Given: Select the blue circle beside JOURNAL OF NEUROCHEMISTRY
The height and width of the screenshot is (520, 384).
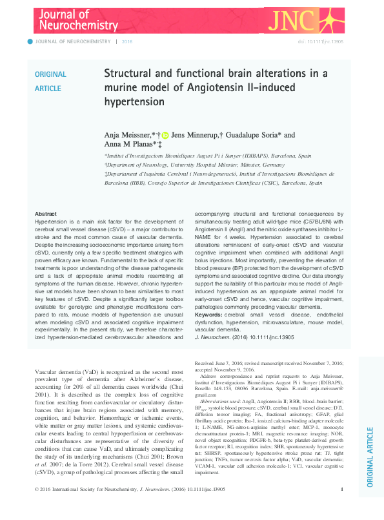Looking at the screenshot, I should [29, 41].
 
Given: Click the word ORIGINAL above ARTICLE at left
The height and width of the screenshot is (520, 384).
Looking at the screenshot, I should [50, 74].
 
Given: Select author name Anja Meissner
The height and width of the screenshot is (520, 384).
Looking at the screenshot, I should [126, 134].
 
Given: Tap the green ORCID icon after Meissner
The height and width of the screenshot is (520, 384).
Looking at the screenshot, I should [165, 135].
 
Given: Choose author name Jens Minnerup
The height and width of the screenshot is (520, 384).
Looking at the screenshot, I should [197, 134].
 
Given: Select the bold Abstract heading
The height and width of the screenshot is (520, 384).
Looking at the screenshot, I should [45, 214].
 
